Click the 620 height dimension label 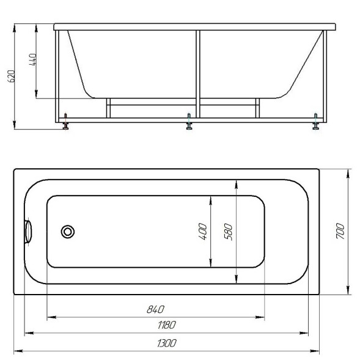11,76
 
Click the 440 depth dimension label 33,60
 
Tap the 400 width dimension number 203,232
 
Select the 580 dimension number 228,232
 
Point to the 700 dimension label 340,231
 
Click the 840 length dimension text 155,309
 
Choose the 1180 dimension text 167,325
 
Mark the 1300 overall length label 167,343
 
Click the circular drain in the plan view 68,232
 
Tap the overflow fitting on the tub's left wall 28,232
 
